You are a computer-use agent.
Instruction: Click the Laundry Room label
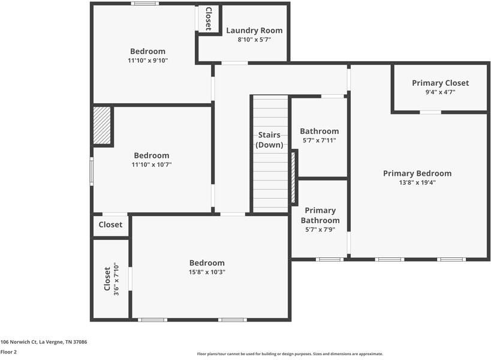254,31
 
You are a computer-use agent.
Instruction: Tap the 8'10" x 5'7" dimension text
254,40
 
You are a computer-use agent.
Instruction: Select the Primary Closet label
440,83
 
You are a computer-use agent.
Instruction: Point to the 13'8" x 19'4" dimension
417,182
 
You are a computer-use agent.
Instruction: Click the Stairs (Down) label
269,140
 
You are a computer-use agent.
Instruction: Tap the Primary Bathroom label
320,215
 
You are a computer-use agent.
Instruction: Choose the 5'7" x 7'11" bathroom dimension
320,140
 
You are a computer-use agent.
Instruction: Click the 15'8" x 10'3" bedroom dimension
207,272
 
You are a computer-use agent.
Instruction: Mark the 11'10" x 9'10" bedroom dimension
148,60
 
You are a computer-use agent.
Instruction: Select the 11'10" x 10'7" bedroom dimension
152,164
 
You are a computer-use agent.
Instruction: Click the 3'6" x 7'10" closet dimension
116,279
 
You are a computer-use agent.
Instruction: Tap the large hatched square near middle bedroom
102,125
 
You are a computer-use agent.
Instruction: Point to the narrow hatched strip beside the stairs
293,178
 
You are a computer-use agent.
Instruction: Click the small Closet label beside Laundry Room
208,19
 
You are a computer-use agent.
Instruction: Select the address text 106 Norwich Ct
19,342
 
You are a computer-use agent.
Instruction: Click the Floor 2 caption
8,352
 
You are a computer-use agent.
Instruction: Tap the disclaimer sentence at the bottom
290,354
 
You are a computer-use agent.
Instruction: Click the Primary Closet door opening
430,112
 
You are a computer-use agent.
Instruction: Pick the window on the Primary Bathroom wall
329,259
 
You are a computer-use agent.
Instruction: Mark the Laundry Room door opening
234,63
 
